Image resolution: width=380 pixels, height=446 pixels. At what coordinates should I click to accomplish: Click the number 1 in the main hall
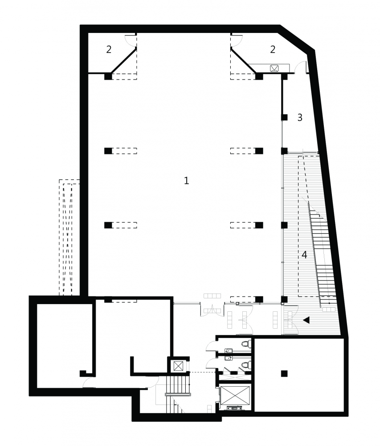click(x=186, y=180)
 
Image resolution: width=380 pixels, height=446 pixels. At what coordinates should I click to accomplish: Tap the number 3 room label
click(x=300, y=117)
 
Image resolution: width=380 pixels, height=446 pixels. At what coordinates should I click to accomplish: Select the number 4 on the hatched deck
click(x=304, y=255)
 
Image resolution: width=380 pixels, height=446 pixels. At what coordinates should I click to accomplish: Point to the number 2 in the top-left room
click(x=109, y=50)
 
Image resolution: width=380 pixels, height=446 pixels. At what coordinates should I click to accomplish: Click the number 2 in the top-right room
click(x=273, y=50)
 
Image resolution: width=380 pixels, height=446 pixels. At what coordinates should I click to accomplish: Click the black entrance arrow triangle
click(x=306, y=320)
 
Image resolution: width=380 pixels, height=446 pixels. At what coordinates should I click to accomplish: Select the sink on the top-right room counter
click(x=274, y=68)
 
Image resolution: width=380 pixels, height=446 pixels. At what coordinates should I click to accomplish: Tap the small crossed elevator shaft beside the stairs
click(x=178, y=366)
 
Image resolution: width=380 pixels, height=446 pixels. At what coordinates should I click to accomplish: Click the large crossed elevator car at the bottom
click(x=235, y=395)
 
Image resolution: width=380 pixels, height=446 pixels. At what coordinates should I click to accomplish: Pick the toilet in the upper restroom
click(x=246, y=344)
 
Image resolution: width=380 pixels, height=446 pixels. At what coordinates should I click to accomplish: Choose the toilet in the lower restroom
click(x=246, y=364)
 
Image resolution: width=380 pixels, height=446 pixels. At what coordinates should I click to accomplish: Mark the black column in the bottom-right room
click(x=284, y=373)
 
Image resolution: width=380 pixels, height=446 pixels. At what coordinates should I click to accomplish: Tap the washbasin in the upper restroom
click(x=229, y=351)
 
